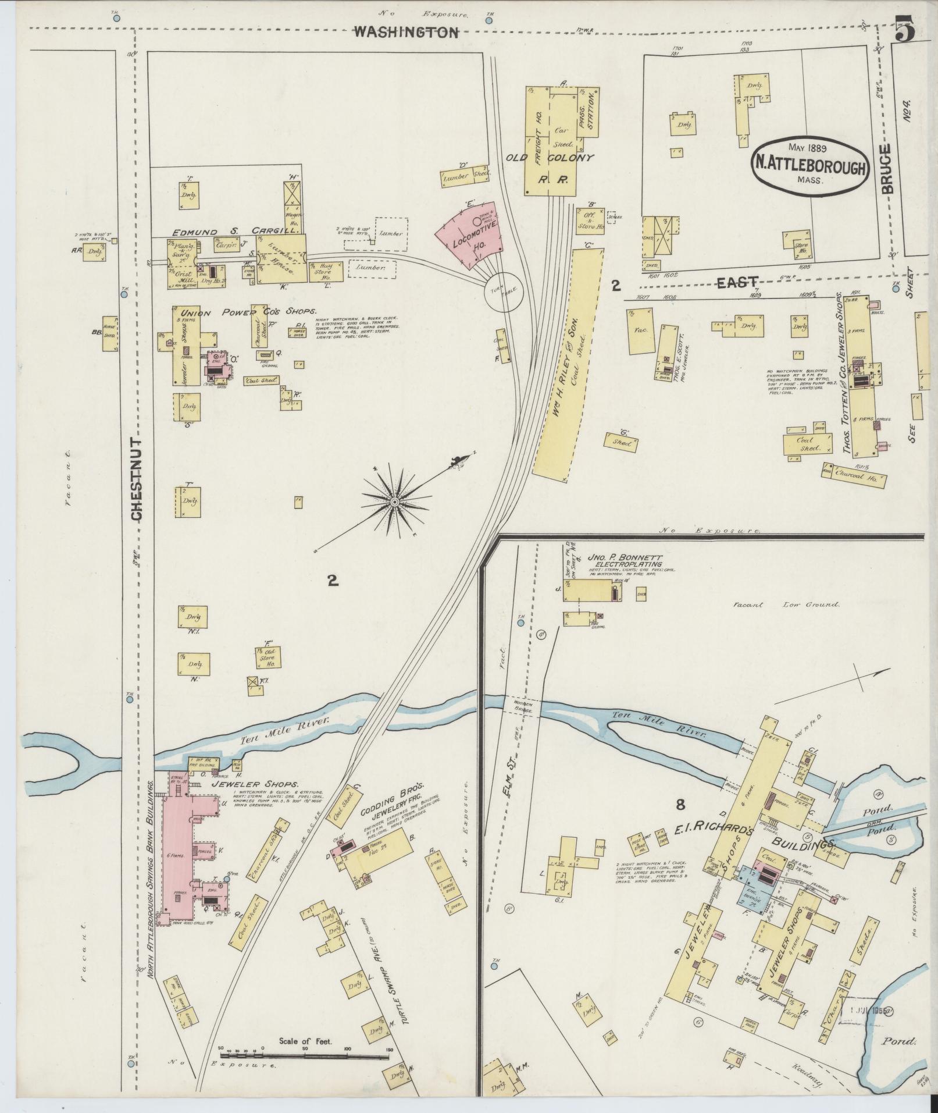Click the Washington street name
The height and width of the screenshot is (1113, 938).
405,33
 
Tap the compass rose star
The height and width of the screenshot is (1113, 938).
395,501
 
